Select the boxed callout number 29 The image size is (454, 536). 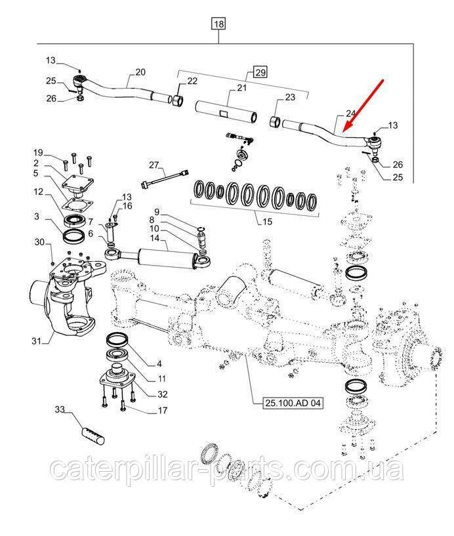(260, 72)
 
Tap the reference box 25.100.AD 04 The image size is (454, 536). (293, 403)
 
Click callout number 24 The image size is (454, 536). (350, 113)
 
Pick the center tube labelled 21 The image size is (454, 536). (226, 111)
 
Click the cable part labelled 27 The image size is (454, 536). (165, 179)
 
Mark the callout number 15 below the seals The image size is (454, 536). (267, 222)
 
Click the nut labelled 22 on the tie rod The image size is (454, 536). (178, 101)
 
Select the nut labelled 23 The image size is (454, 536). (275, 123)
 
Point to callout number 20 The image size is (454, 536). (140, 72)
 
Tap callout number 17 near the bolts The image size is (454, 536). (163, 410)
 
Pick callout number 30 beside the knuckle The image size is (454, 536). (39, 242)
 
